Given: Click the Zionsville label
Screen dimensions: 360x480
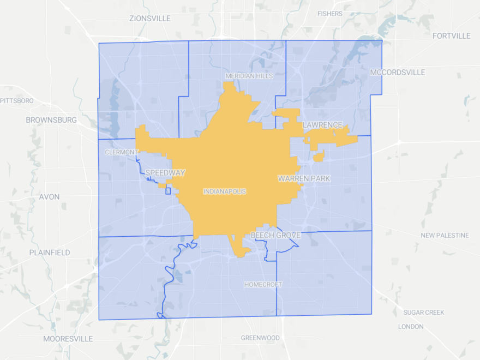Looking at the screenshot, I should [150, 19].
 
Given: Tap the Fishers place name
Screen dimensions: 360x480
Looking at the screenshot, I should [329, 14].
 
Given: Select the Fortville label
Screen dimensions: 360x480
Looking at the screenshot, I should [451, 36].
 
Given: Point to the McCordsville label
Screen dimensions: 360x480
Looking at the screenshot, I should [397, 73].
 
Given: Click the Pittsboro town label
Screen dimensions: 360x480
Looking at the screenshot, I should [17, 101].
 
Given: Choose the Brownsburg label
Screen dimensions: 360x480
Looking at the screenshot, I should [51, 120].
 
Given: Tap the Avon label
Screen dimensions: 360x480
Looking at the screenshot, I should [49, 197].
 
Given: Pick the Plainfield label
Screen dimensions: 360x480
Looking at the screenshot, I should [49, 253].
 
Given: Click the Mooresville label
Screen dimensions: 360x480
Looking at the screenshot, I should [68, 339].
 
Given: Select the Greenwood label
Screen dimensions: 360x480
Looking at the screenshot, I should [260, 338].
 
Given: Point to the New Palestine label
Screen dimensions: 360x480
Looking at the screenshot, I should [445, 236].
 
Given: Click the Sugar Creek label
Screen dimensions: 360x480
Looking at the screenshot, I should [424, 313].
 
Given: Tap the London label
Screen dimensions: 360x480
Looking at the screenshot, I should [411, 327].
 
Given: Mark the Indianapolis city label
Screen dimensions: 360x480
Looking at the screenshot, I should [225, 192].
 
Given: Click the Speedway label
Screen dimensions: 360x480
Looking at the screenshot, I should [165, 173].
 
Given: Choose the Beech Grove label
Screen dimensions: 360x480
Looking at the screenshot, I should [275, 235].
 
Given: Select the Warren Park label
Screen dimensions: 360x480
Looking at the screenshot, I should [304, 178].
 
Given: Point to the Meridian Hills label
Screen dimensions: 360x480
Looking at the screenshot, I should [249, 76].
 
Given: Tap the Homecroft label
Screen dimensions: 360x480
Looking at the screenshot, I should [263, 285].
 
